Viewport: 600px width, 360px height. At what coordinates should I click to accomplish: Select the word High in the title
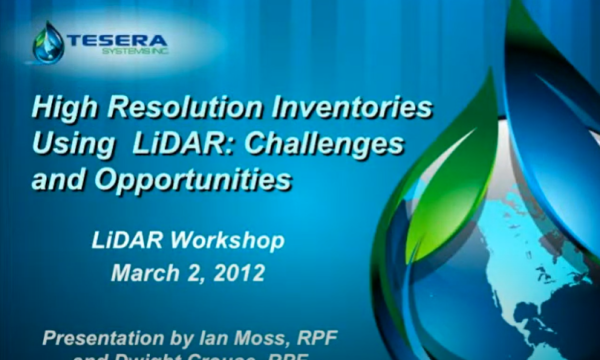pyautogui.click(x=62, y=106)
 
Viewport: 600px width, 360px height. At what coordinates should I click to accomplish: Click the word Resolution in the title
pyautogui.click(x=177, y=106)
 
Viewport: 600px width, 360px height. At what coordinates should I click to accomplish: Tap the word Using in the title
pyautogui.click(x=72, y=144)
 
